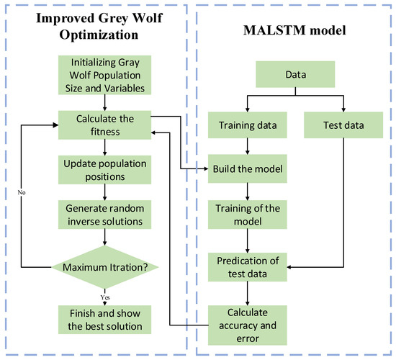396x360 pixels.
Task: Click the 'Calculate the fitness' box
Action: pos(106,125)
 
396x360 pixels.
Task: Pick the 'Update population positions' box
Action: pos(106,168)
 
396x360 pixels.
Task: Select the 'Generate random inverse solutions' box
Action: pos(106,212)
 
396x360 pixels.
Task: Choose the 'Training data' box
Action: pos(247,127)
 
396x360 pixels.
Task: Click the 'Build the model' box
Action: pos(247,171)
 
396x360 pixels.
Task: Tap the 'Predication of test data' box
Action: pos(247,266)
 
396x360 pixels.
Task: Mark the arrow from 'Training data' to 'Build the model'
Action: pos(247,148)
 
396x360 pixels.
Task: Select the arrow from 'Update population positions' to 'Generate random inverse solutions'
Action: pos(106,190)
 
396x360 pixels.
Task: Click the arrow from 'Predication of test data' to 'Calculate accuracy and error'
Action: pos(247,292)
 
